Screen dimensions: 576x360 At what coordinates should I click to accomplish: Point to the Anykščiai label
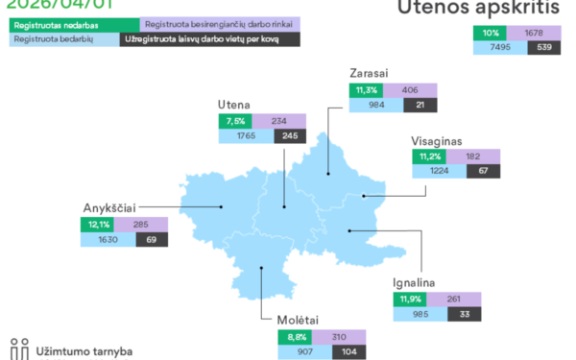[109, 206]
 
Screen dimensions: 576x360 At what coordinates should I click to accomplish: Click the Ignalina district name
[414, 282]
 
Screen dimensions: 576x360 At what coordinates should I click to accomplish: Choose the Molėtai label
[298, 320]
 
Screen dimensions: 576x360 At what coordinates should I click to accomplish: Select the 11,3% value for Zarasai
[364, 90]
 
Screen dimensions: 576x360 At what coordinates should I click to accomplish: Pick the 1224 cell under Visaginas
[441, 172]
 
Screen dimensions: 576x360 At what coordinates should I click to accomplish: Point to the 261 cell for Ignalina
[455, 299]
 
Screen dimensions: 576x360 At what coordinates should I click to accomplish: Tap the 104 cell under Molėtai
[348, 352]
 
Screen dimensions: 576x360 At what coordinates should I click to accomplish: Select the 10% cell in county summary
[489, 32]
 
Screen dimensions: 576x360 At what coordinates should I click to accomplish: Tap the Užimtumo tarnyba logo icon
[19, 348]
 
